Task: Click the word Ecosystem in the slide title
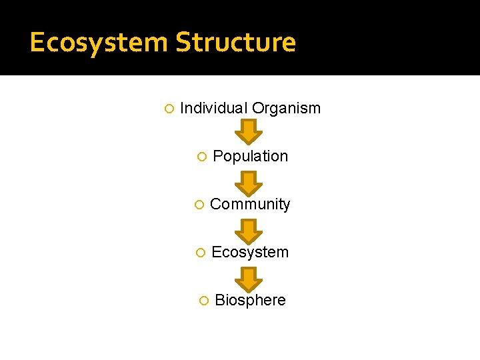pos(99,43)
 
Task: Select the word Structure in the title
pos(235,43)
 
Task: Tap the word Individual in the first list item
pos(213,108)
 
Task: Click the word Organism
pos(286,108)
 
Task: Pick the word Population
pos(250,156)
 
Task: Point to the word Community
pos(250,204)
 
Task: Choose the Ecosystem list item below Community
pos(250,252)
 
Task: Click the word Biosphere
pos(250,300)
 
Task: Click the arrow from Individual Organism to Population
pos(249,131)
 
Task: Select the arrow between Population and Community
pos(249,181)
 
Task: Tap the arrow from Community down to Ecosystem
pos(249,230)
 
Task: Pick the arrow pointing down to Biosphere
pos(249,278)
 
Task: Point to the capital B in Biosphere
pos(219,300)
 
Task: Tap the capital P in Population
pos(217,156)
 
